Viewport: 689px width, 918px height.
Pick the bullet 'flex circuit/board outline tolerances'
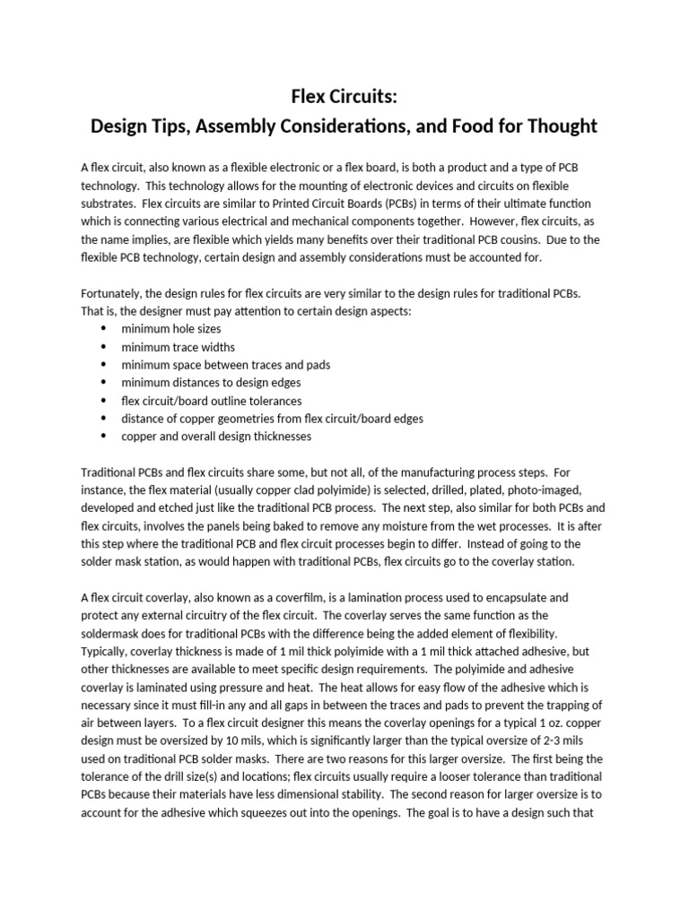tap(211, 401)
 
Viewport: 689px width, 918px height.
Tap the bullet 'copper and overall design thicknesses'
tap(216, 437)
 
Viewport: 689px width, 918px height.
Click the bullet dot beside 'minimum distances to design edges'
tap(103, 383)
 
